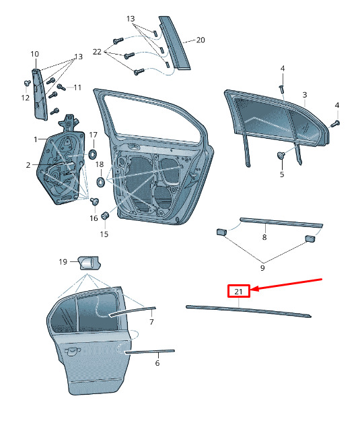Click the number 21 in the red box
pos(238,291)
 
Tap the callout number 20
pos(201,40)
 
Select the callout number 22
pos(97,52)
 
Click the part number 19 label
pos(63,262)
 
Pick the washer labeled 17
pos(93,154)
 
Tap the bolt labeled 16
pos(94,201)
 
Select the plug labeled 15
pos(105,216)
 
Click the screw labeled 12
pos(27,83)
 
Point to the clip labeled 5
pos(281,155)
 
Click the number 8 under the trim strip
pos(264,237)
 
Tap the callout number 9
pos(262,267)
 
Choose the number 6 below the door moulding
pos(157,363)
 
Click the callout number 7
pos(151,322)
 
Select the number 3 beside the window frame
pos(305,95)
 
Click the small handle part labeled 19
pos(89,263)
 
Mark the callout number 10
pos(34,54)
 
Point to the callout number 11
pos(77,88)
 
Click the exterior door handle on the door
pos(73,351)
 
